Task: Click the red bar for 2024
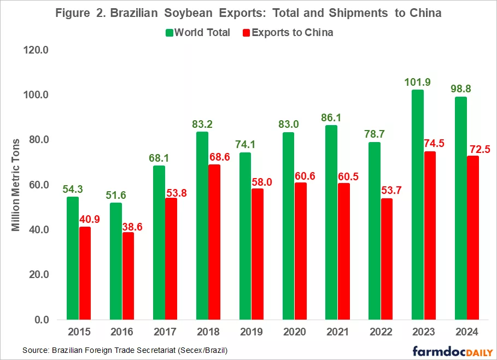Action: pyautogui.click(x=473, y=238)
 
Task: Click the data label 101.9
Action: pyautogui.click(x=417, y=82)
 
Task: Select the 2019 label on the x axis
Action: pyautogui.click(x=251, y=332)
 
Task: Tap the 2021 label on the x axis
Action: pyautogui.click(x=337, y=332)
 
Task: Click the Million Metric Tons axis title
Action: pyautogui.click(x=16, y=185)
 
